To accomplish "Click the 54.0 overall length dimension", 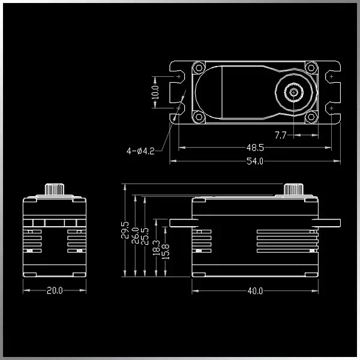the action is point(255,161).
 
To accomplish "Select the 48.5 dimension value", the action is point(255,148).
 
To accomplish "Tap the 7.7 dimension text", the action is point(281,135).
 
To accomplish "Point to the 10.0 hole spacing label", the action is point(155,92).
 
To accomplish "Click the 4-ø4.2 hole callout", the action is point(140,151).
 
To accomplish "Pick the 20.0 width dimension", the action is point(55,290).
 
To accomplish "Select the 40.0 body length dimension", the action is point(255,291).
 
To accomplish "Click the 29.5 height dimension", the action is point(125,230).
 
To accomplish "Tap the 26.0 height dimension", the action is point(135,236).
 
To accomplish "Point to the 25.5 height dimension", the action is point(145,236).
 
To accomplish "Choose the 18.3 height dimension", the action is point(157,248).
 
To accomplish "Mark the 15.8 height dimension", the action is point(166,251).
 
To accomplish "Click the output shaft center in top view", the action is point(293,92).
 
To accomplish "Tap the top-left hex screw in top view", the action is point(199,68).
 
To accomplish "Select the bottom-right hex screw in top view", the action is point(311,117).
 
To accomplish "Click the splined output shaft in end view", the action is point(55,189).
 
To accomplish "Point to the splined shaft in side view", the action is point(293,189).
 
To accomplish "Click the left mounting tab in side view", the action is point(184,223).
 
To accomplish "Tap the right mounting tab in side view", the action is point(326,223).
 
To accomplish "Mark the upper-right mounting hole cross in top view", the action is point(331,76).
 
